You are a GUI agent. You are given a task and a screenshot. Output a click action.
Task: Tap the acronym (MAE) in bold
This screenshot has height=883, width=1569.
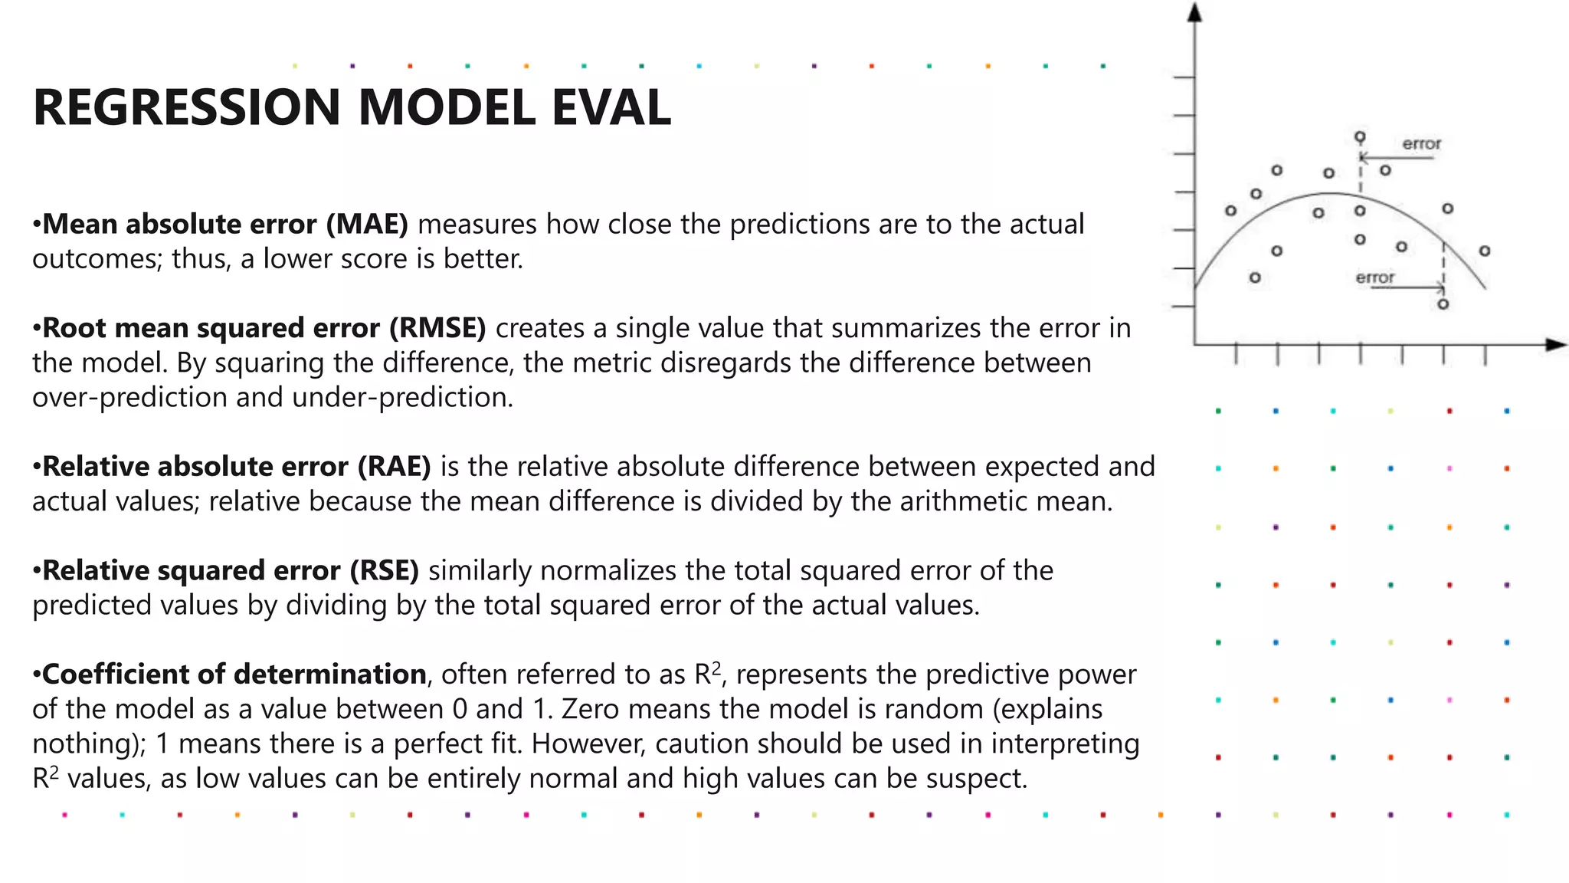(367, 224)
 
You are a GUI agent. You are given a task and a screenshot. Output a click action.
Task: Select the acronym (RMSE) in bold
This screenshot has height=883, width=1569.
(437, 328)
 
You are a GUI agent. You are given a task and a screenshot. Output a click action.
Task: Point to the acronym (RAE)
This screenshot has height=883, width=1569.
(394, 467)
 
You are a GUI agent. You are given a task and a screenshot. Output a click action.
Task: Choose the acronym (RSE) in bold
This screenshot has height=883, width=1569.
(385, 571)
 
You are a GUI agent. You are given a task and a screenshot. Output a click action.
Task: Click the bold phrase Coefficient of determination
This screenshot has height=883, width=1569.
(234, 675)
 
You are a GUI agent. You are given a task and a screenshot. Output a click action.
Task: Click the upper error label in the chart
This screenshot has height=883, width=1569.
(1421, 144)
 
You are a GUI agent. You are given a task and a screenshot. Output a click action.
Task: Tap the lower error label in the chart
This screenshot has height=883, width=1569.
(1374, 277)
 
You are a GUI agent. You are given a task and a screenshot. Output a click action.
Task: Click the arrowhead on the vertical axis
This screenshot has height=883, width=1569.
(1194, 11)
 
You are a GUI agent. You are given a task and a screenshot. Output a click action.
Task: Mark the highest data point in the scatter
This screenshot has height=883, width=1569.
(1360, 137)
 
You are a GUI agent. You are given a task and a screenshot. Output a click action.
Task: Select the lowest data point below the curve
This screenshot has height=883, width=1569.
(1443, 304)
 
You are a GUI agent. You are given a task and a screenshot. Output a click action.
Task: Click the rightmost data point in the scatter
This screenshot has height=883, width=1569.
(1485, 251)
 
